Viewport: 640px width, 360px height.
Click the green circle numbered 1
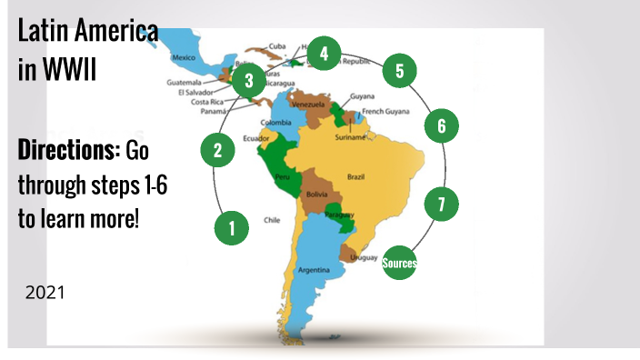[x=232, y=227]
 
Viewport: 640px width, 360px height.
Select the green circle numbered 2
[x=217, y=149]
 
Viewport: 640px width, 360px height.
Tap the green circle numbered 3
[x=248, y=80]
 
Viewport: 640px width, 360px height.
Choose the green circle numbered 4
[x=323, y=54]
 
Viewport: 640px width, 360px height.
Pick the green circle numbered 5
[x=399, y=70]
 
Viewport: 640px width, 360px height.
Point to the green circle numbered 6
[x=441, y=125]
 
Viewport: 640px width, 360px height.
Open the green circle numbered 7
[x=441, y=205]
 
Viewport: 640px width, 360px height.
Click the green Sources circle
[x=399, y=264]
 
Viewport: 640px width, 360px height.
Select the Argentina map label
[x=313, y=270]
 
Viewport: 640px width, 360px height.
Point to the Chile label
[x=272, y=220]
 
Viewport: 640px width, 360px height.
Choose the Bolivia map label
[x=316, y=195]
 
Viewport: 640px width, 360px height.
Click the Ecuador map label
[x=256, y=139]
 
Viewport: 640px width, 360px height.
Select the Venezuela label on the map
[x=307, y=105]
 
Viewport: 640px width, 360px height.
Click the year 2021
[x=45, y=293]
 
